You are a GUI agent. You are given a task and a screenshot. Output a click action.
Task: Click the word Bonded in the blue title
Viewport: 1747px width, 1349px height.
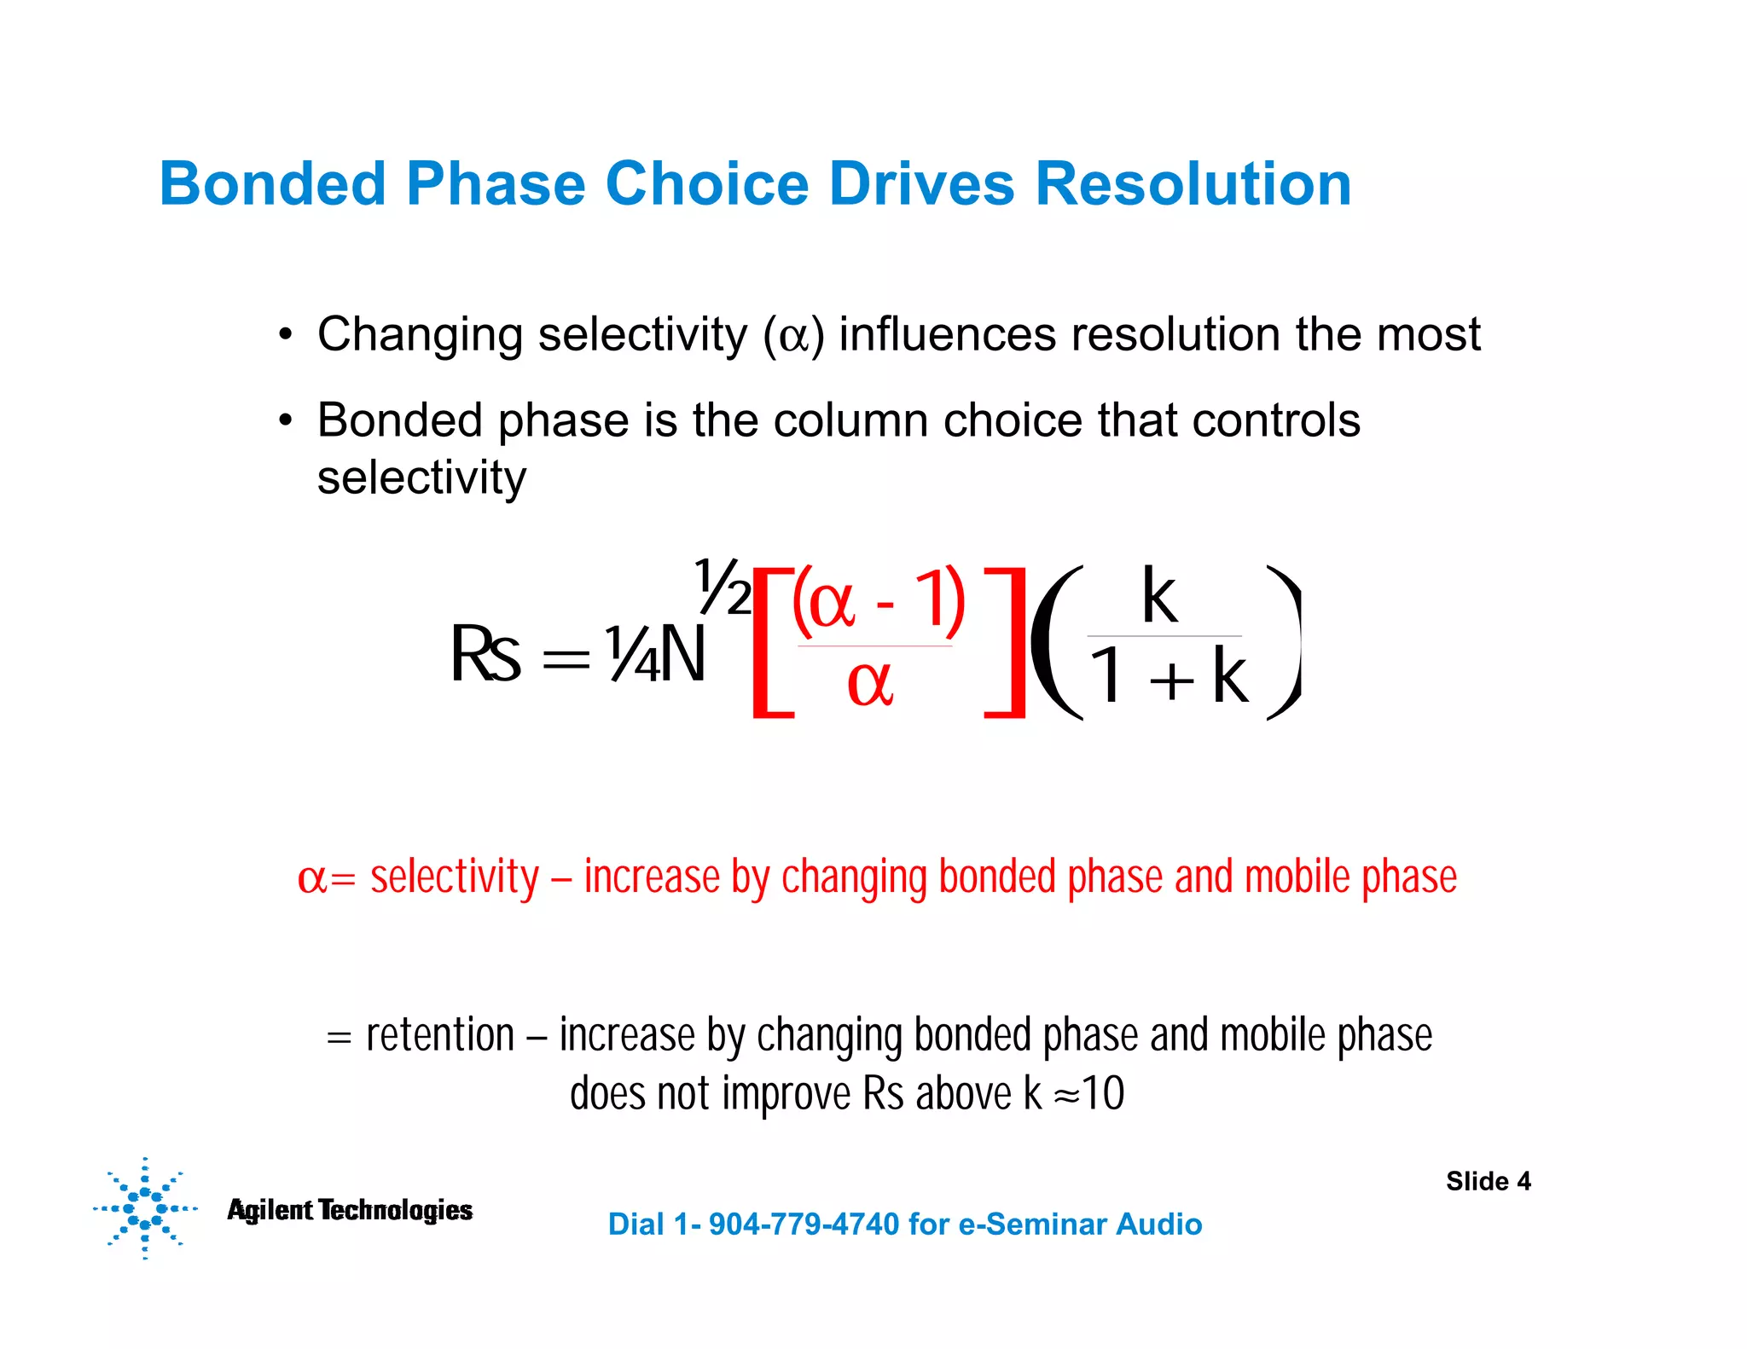pos(273,184)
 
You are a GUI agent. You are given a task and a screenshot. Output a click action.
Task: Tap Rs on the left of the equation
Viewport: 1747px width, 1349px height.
pos(485,655)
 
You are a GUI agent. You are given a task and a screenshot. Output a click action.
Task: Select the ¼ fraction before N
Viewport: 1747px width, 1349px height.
pos(632,655)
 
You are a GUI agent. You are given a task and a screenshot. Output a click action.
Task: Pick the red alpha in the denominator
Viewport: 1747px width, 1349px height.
pos(870,684)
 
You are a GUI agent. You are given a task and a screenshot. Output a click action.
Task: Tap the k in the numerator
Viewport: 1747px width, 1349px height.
pos(1159,596)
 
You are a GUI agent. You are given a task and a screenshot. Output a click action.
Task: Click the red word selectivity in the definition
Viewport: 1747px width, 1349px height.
pos(455,878)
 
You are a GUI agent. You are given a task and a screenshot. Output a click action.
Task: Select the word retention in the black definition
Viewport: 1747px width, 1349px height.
pos(440,1036)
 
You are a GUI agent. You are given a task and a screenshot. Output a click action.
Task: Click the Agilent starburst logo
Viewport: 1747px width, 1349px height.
pos(145,1208)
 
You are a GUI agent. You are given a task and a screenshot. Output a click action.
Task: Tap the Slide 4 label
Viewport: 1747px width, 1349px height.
pos(1488,1181)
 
